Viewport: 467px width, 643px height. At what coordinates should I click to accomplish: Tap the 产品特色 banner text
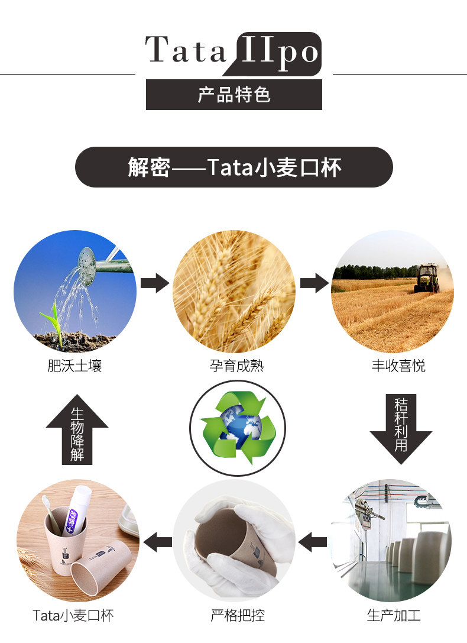(234, 95)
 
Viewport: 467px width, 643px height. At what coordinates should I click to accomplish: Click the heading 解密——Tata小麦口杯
(234, 167)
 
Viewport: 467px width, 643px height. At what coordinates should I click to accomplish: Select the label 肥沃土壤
(74, 366)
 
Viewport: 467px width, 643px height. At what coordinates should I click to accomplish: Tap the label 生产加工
(394, 615)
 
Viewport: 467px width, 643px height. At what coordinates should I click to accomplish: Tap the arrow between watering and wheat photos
(154, 283)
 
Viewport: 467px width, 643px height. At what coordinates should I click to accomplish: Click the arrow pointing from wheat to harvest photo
(314, 282)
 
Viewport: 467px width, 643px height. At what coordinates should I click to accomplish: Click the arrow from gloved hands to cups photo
(158, 541)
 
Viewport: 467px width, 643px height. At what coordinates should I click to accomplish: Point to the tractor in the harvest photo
(427, 278)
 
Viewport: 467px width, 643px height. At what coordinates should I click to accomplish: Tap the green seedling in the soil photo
(53, 319)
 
